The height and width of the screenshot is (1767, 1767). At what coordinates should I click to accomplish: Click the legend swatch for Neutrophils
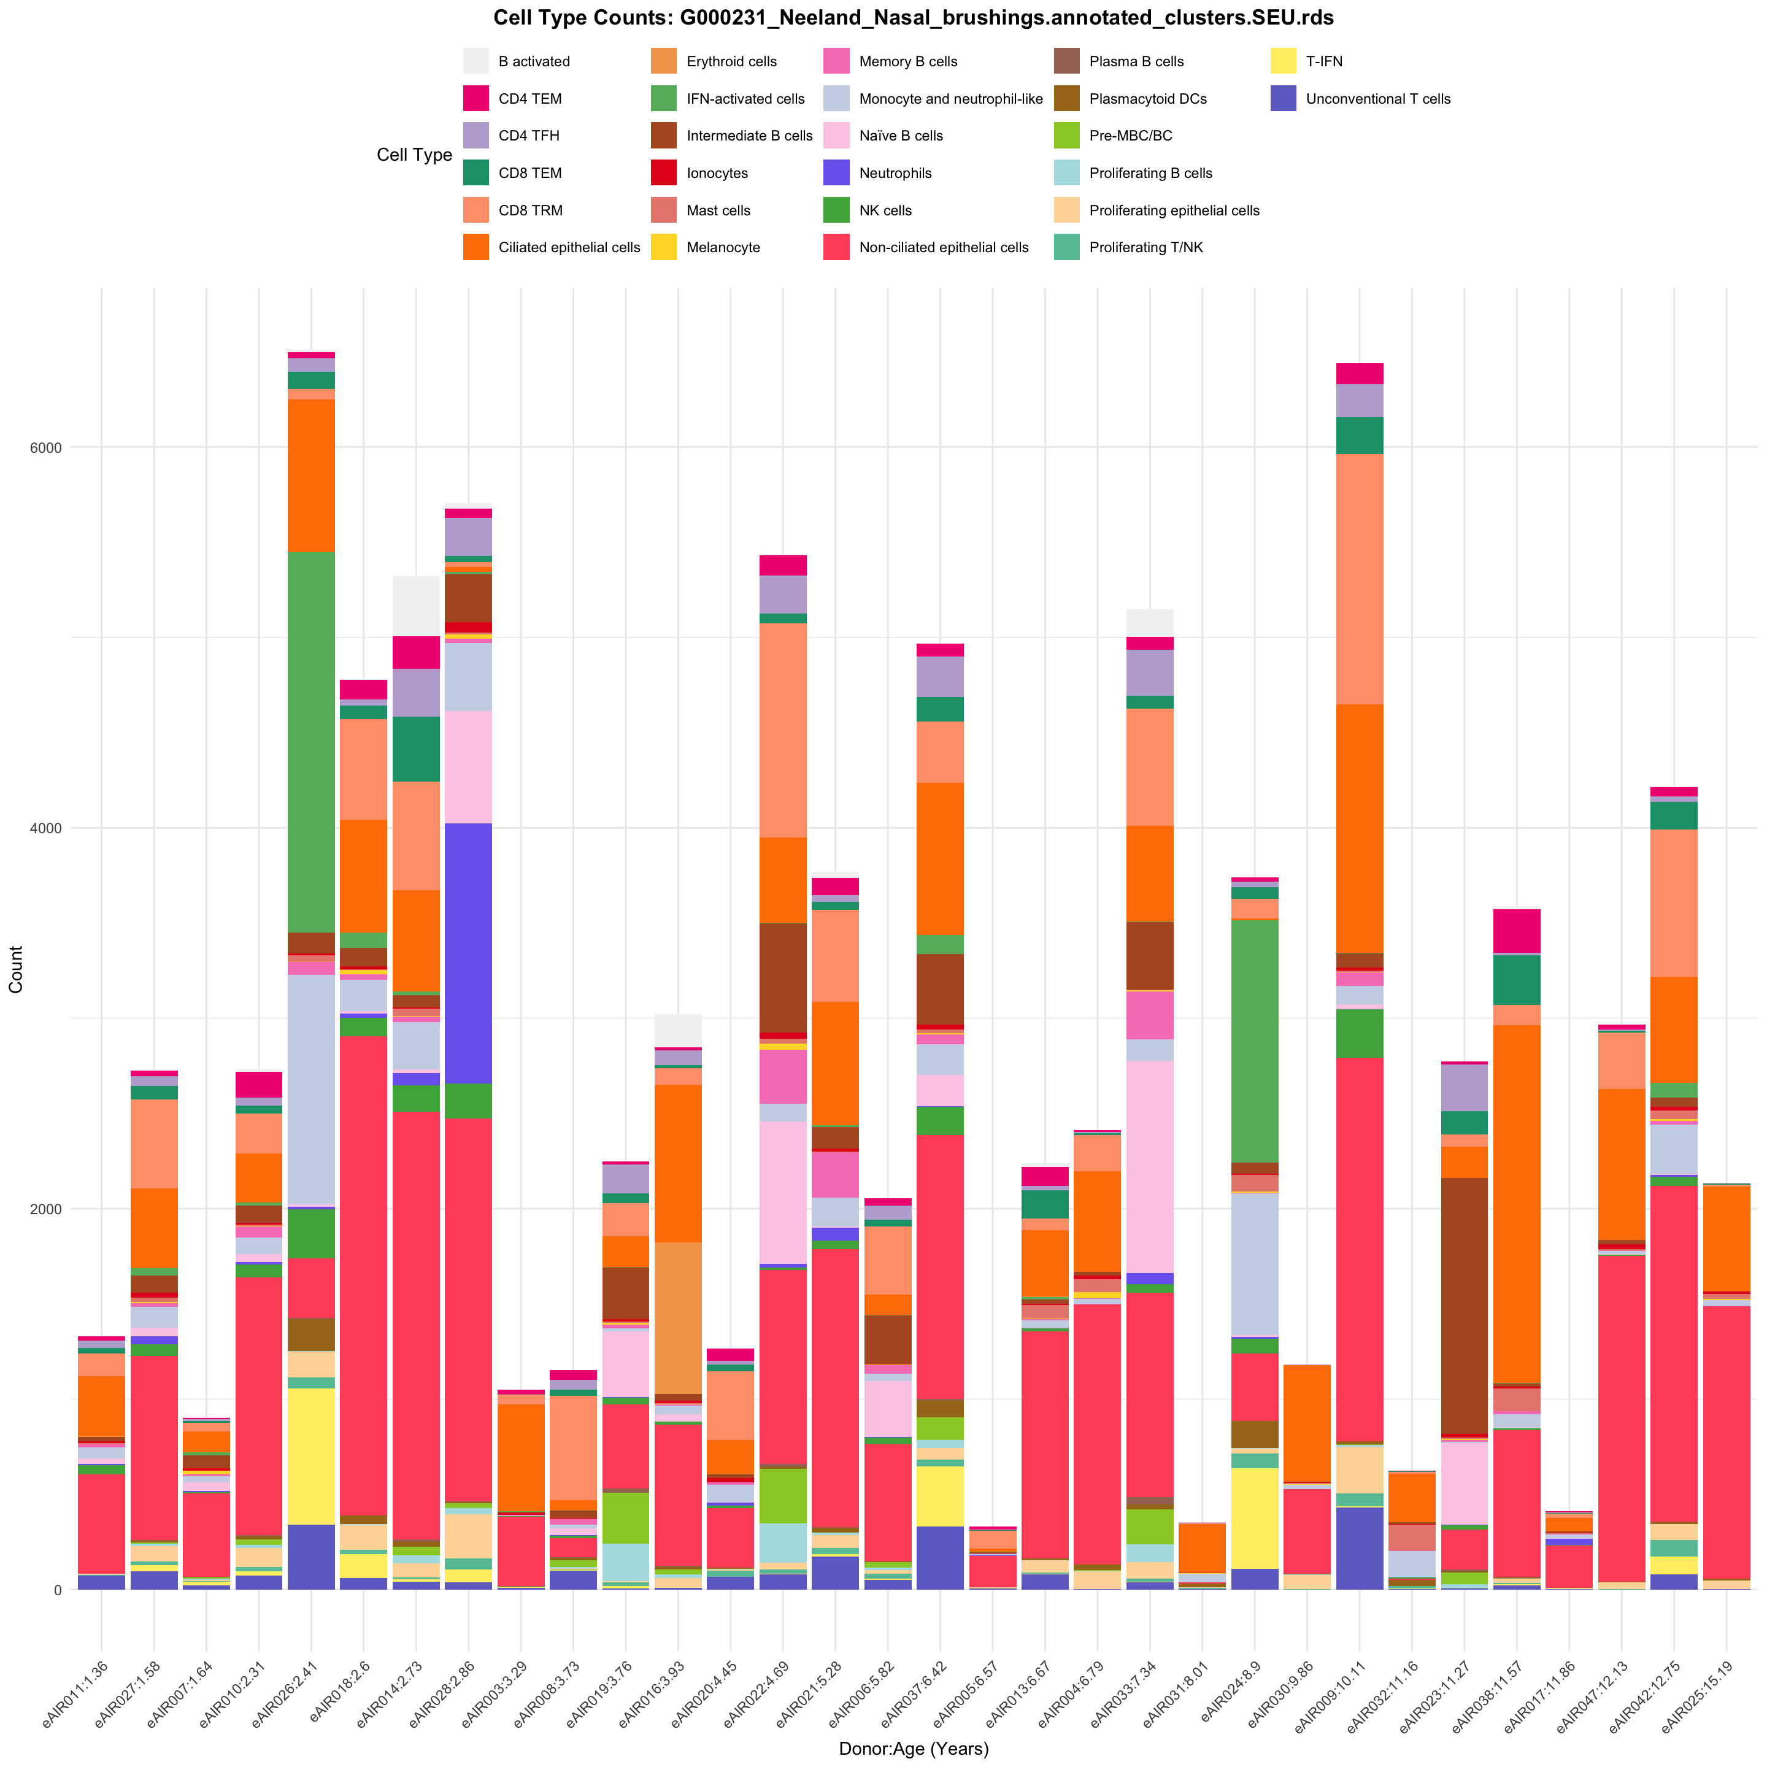click(836, 174)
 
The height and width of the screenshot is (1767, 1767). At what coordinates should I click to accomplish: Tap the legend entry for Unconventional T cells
click(1377, 99)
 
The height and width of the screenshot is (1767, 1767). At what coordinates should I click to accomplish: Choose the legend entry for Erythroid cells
click(731, 61)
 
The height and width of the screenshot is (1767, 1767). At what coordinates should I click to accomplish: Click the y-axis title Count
click(15, 969)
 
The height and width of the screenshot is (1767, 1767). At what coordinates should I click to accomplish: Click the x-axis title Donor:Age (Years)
click(913, 1749)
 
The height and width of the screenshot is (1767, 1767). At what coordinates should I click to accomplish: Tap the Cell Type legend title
click(414, 155)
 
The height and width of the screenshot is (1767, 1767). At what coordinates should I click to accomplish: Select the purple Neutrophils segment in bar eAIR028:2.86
click(468, 953)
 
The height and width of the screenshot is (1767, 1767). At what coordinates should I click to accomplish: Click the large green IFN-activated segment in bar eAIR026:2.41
click(311, 741)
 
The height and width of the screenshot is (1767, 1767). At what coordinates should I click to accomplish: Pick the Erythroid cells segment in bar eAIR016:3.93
click(679, 1318)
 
